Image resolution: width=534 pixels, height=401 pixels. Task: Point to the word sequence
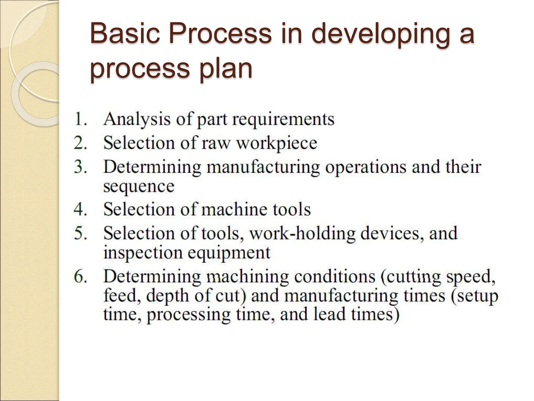coord(139,186)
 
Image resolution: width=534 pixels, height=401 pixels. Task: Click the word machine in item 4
coord(234,209)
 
